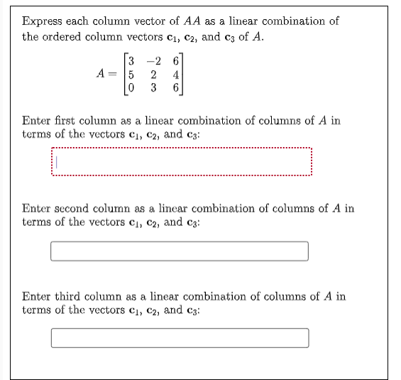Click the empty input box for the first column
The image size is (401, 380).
[x=181, y=164]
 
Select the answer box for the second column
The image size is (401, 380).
[x=180, y=251]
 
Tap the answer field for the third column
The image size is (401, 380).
[x=180, y=338]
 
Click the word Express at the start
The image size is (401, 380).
[x=42, y=21]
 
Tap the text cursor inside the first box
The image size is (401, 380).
[x=59, y=164]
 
